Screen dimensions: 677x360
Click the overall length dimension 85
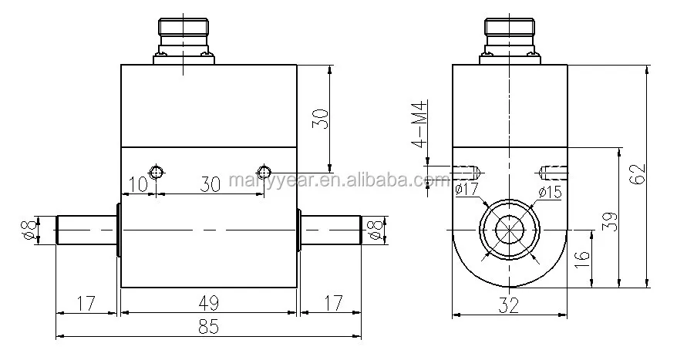tap(208, 326)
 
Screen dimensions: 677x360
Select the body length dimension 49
tap(209, 303)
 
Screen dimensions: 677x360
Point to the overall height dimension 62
tap(638, 174)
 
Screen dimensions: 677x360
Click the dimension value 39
tap(610, 221)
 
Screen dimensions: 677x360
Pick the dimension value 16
tap(582, 260)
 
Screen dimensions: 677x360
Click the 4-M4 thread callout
tap(419, 124)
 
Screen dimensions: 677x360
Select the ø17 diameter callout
tap(467, 189)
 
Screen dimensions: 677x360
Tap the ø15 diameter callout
tap(550, 191)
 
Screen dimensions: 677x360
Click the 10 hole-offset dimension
tap(139, 184)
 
